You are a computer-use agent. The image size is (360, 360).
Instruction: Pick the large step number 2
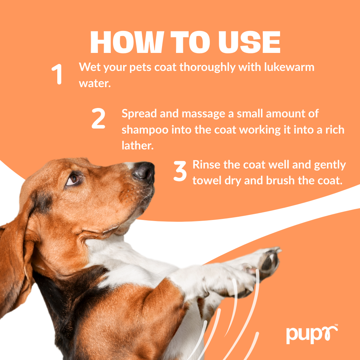click(x=98, y=119)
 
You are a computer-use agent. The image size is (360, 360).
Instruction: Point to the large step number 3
click(x=180, y=171)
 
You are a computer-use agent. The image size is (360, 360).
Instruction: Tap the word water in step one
click(x=93, y=83)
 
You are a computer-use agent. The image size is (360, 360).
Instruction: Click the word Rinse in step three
click(x=206, y=165)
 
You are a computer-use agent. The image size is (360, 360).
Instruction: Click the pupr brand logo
click(x=311, y=334)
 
